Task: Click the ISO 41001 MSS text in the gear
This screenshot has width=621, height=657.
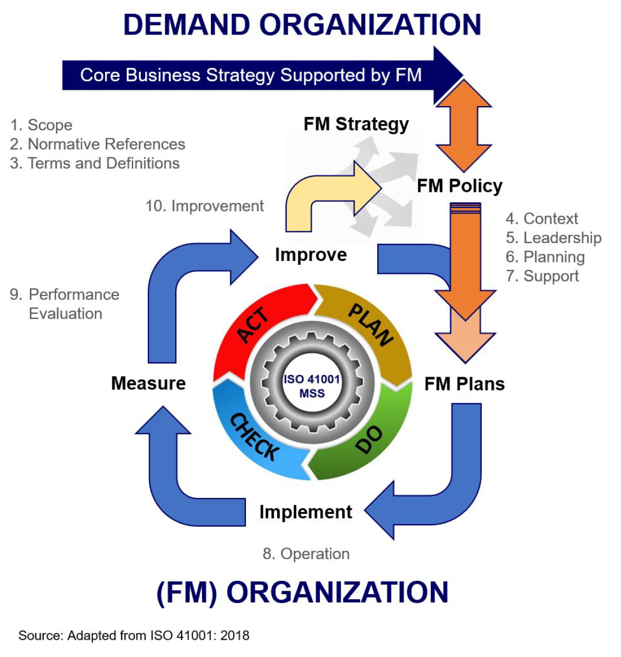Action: pyautogui.click(x=312, y=386)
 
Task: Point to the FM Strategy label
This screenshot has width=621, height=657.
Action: pyautogui.click(x=356, y=124)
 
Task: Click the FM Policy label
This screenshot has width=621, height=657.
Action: pyautogui.click(x=460, y=186)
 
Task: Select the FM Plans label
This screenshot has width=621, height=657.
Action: pyautogui.click(x=465, y=384)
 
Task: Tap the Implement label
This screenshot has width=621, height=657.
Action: pyautogui.click(x=305, y=512)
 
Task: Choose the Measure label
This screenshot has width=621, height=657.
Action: pyautogui.click(x=149, y=383)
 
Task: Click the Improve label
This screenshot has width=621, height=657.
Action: pyautogui.click(x=311, y=255)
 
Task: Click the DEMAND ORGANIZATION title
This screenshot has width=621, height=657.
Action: pyautogui.click(x=302, y=25)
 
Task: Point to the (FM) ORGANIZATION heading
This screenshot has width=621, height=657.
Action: pyautogui.click(x=302, y=592)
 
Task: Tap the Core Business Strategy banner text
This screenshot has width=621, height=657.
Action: pyautogui.click(x=250, y=75)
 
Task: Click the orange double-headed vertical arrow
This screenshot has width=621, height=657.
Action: pyautogui.click(x=464, y=125)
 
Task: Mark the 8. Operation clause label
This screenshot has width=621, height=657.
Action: pyautogui.click(x=306, y=554)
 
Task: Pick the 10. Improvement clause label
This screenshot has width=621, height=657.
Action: pyautogui.click(x=204, y=206)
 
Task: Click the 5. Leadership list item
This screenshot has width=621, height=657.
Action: pyautogui.click(x=554, y=238)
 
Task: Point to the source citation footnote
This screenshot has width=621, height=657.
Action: pyautogui.click(x=134, y=635)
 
